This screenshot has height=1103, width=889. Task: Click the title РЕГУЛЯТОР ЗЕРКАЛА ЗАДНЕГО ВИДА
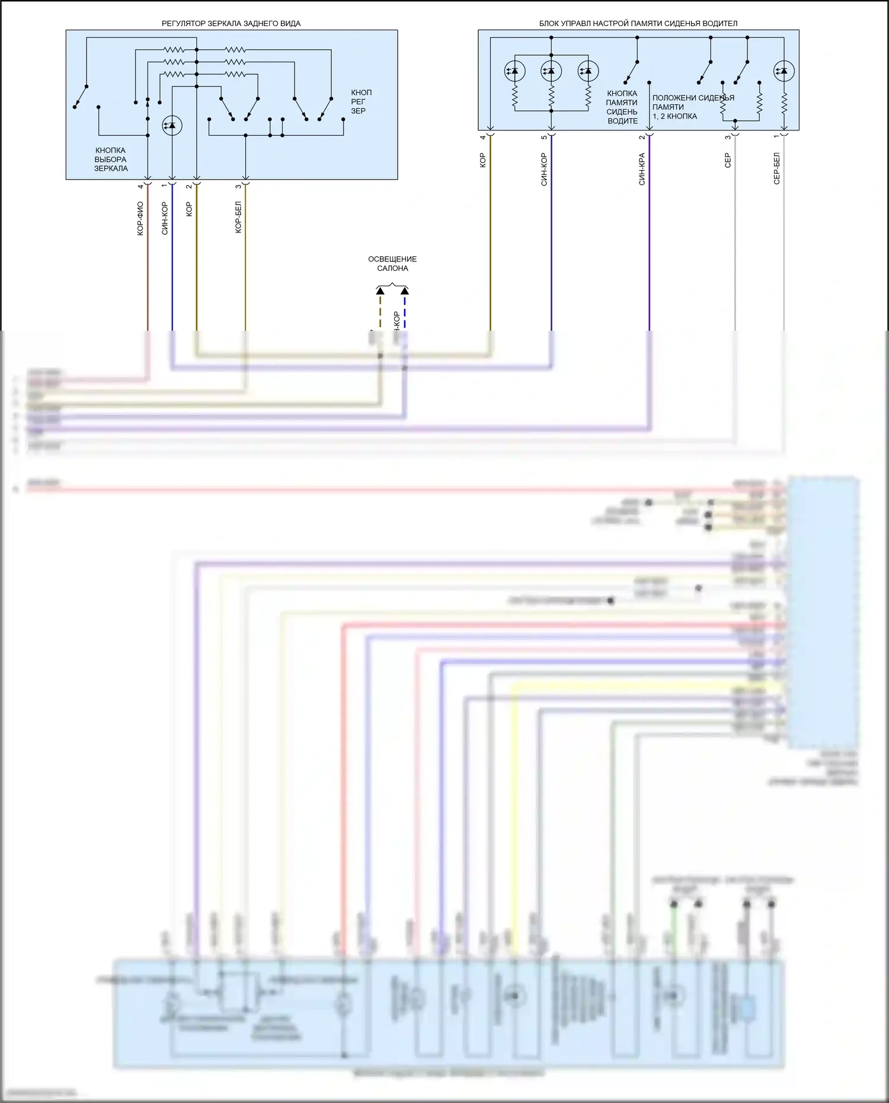(x=231, y=24)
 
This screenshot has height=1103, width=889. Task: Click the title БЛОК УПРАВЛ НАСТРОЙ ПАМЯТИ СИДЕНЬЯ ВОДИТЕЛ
(x=638, y=24)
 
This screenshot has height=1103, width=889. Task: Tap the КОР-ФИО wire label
(x=140, y=219)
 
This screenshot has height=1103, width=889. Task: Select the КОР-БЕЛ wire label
(x=238, y=217)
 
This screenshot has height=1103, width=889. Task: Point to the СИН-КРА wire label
(x=642, y=170)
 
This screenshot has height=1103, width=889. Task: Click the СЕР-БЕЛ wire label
(x=777, y=169)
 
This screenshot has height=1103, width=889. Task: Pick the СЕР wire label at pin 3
(x=728, y=161)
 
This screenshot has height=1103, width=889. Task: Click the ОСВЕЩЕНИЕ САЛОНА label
(x=392, y=264)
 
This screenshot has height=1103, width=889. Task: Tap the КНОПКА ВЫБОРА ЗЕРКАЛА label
(x=111, y=159)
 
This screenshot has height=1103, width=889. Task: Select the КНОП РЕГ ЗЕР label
(x=361, y=101)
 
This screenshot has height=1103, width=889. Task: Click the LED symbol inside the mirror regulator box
(x=172, y=126)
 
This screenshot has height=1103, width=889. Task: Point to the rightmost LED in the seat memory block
(x=784, y=71)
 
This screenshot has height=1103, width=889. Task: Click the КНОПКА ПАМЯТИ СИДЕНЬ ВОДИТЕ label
(x=622, y=107)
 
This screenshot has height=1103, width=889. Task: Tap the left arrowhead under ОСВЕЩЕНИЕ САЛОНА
(x=380, y=291)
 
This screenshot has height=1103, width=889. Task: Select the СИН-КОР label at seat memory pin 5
(x=544, y=170)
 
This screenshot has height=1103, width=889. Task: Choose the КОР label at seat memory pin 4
(x=483, y=161)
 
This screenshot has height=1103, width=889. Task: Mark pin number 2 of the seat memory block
(x=642, y=138)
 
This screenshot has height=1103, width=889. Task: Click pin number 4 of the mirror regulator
(x=140, y=187)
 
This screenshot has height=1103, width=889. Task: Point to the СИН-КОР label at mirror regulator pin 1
(x=165, y=219)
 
